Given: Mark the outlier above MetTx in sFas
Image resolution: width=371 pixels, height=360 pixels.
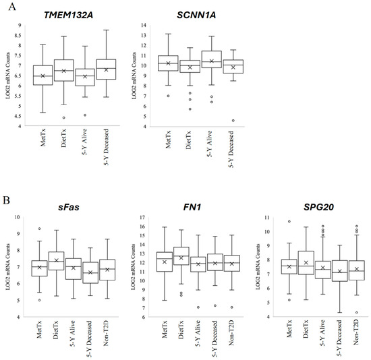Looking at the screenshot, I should point(39,229).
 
